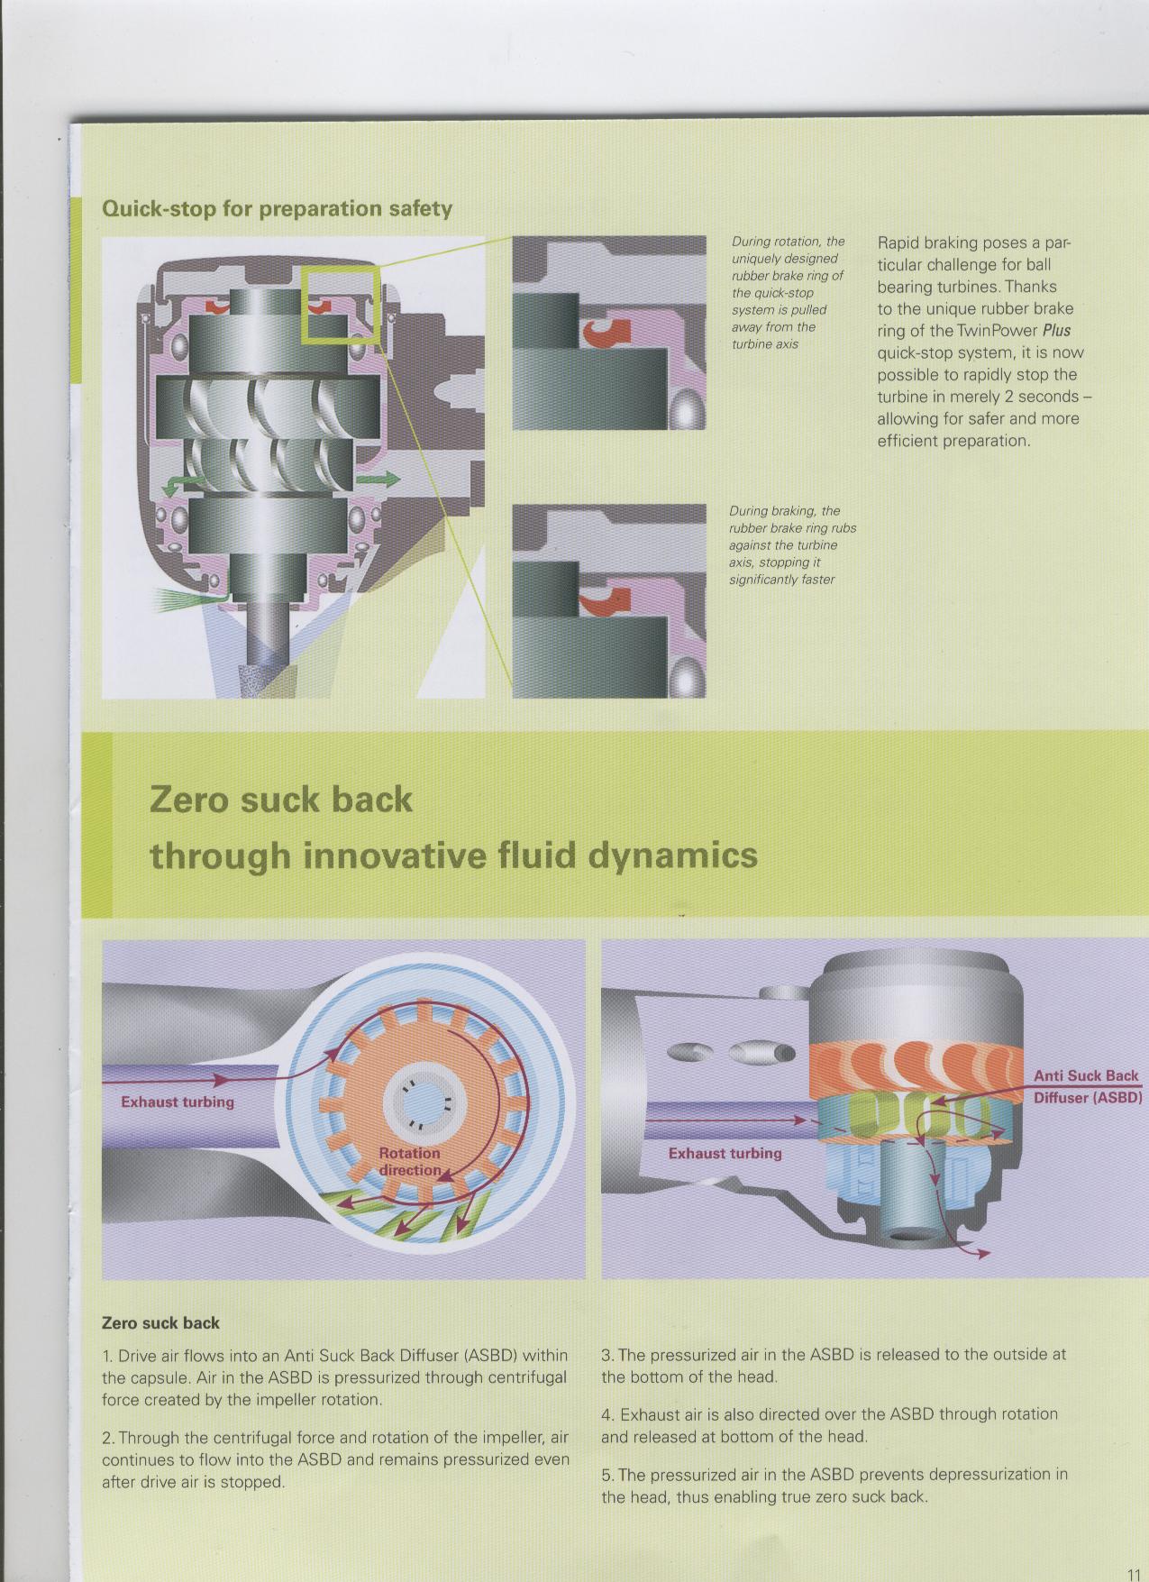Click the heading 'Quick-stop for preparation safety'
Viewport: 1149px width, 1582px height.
point(278,209)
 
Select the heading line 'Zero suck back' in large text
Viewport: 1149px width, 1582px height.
point(281,800)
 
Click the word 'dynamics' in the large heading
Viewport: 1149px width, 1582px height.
point(672,855)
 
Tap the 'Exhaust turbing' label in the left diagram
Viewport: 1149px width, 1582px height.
point(178,1102)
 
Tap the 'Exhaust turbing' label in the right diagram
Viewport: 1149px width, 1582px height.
point(725,1153)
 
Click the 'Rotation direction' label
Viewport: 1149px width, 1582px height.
point(410,1161)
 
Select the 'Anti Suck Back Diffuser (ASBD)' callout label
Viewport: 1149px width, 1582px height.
point(1087,1086)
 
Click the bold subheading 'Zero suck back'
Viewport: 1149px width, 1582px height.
point(160,1323)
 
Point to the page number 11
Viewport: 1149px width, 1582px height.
point(1134,1574)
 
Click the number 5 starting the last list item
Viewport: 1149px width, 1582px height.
point(606,1475)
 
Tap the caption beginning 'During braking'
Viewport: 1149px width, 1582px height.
point(792,545)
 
